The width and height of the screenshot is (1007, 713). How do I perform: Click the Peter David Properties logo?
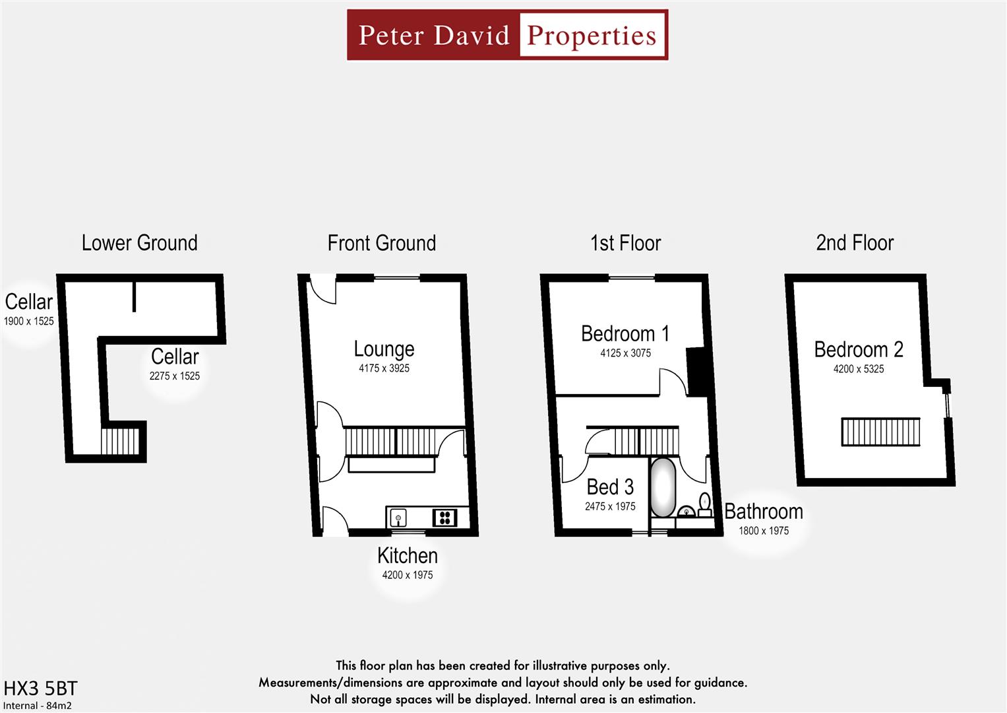[507, 35]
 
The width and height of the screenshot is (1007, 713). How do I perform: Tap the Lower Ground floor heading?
[139, 243]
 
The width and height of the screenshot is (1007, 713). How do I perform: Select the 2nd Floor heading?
[855, 243]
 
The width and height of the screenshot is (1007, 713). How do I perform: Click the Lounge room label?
[384, 349]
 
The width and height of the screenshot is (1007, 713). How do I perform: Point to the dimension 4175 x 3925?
[384, 368]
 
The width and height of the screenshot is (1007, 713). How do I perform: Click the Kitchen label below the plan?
[407, 556]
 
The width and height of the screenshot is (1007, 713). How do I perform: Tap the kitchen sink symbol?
[398, 517]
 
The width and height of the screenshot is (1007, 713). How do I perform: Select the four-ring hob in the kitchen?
[444, 517]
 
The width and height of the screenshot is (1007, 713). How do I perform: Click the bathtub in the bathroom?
[662, 488]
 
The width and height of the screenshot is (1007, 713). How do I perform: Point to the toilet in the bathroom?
[705, 503]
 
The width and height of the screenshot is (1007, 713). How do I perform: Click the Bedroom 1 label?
[625, 333]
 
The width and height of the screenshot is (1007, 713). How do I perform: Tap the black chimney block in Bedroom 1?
[696, 371]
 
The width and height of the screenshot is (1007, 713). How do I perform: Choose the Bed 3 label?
[610, 487]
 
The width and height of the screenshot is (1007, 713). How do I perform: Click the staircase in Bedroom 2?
[880, 432]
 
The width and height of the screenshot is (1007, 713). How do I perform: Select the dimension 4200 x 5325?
[858, 369]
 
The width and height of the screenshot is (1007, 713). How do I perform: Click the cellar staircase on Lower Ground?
[120, 441]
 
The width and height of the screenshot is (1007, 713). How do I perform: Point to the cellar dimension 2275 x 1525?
[174, 376]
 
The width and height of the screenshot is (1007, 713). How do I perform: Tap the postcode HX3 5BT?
[40, 689]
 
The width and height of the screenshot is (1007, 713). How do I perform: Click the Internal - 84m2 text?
[38, 706]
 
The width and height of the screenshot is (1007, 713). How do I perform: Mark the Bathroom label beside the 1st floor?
[763, 512]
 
